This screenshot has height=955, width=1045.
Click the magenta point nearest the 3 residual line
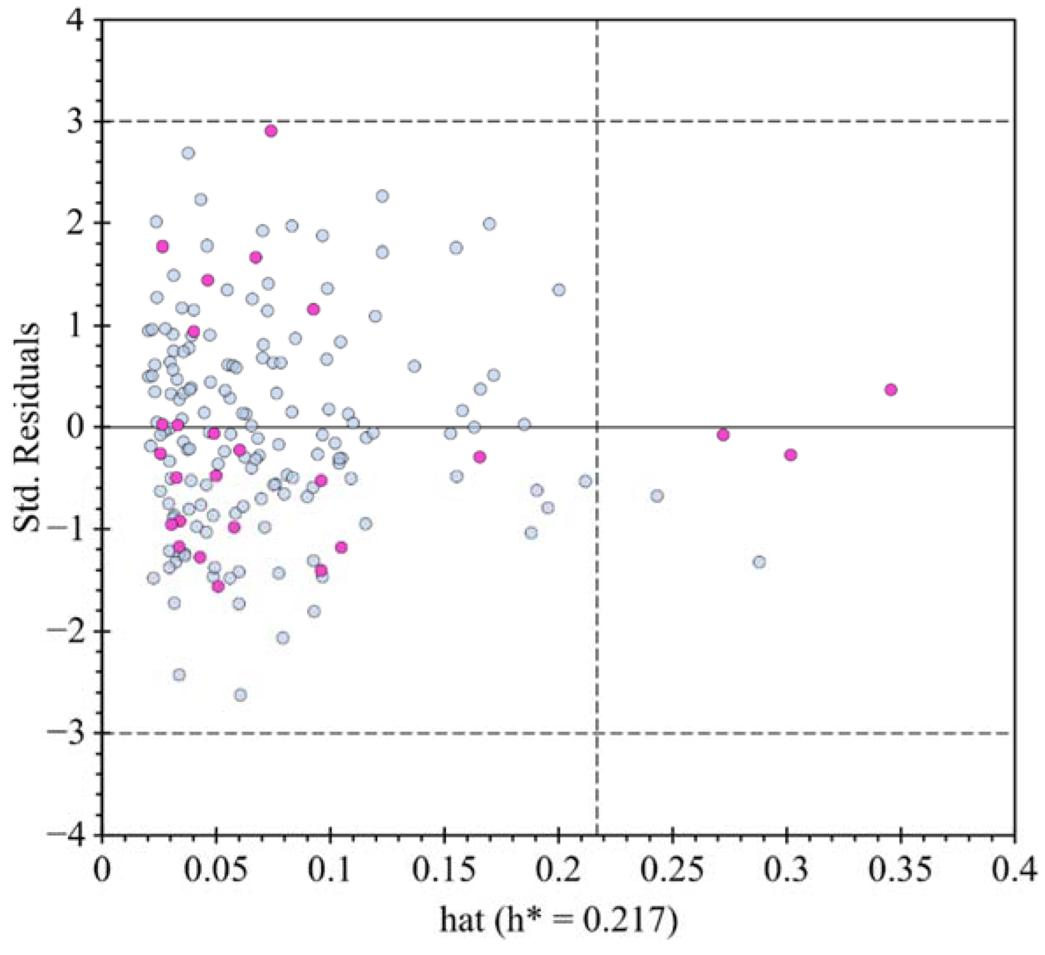(271, 131)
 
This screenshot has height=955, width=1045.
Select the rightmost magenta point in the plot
(891, 390)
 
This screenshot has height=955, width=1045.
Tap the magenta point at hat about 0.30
(791, 455)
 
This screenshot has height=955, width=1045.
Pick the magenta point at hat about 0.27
(723, 435)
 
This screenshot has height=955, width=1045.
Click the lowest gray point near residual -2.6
(240, 695)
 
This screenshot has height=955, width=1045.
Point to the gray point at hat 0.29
(759, 562)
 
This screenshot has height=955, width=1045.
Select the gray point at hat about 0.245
(657, 496)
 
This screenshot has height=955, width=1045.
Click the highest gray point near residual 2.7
(188, 153)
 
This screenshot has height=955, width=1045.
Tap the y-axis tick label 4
(75, 21)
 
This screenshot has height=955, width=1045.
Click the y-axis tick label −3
(65, 733)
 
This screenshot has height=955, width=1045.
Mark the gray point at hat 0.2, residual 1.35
(558, 290)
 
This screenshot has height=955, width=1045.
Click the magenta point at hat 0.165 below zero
(480, 457)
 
